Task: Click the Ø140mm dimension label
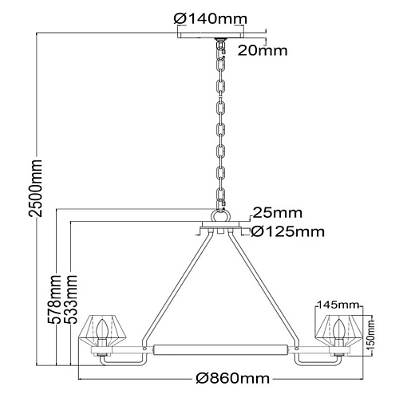click(x=211, y=19)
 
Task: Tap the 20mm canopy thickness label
click(x=263, y=50)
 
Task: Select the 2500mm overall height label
click(x=36, y=188)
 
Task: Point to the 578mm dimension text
click(x=54, y=299)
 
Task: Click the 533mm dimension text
click(x=71, y=299)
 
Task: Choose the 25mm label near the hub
click(x=278, y=213)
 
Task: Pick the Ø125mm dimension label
click(x=288, y=232)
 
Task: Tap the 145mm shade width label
click(x=338, y=305)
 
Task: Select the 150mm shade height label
click(x=370, y=335)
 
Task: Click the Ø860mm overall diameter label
click(x=232, y=378)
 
